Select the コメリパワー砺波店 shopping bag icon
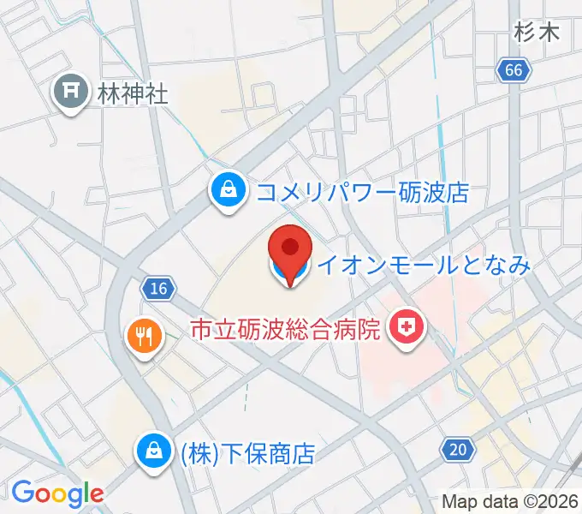click(x=228, y=190)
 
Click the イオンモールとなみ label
click(x=424, y=266)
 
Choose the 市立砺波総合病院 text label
click(x=284, y=328)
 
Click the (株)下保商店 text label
click(x=246, y=452)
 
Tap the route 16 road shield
click(x=157, y=290)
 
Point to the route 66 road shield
click(x=513, y=72)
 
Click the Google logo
click(x=57, y=493)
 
